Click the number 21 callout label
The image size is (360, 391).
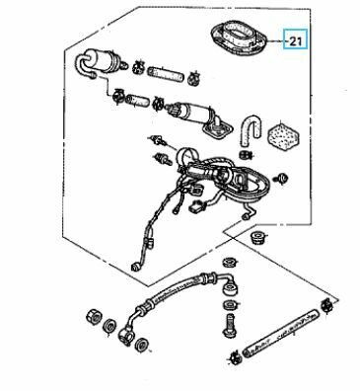296,41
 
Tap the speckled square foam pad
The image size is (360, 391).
283,135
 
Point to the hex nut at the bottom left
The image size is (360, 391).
93,316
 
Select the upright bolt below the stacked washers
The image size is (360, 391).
230,325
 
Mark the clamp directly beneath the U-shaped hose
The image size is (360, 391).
245,154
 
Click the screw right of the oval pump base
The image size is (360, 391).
281,179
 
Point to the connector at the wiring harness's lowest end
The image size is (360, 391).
135,267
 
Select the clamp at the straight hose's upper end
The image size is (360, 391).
326,305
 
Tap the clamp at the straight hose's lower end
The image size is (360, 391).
236,356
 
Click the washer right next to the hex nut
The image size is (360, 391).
108,326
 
